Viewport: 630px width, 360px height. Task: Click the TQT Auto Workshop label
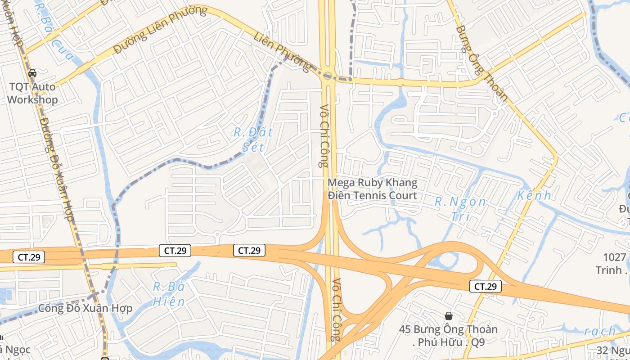tap(32, 93)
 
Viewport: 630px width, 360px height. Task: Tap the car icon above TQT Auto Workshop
tap(32, 73)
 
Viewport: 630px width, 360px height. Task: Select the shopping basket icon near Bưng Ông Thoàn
tap(448, 316)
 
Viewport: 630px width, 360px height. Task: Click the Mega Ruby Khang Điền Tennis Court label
tap(373, 189)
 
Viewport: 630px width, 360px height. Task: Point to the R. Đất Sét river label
tap(253, 139)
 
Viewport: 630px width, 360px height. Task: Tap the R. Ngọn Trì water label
tap(460, 209)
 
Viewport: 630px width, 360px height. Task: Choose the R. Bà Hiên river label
tap(169, 294)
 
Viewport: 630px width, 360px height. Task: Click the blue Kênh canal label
tap(534, 195)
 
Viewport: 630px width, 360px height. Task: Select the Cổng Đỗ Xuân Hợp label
tap(85, 308)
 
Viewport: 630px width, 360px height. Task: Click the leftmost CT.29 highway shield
tap(29, 257)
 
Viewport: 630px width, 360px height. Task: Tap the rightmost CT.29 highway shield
tap(486, 286)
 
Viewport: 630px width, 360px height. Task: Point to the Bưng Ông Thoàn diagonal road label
tap(482, 63)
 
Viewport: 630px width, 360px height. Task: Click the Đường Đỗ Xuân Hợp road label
tap(57, 169)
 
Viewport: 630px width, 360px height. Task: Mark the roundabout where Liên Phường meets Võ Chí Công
tap(327, 76)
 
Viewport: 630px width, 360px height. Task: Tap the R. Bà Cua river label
tap(54, 32)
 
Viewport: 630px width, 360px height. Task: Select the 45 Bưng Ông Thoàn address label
tap(448, 335)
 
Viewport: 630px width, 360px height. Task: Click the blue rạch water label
tap(600, 332)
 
